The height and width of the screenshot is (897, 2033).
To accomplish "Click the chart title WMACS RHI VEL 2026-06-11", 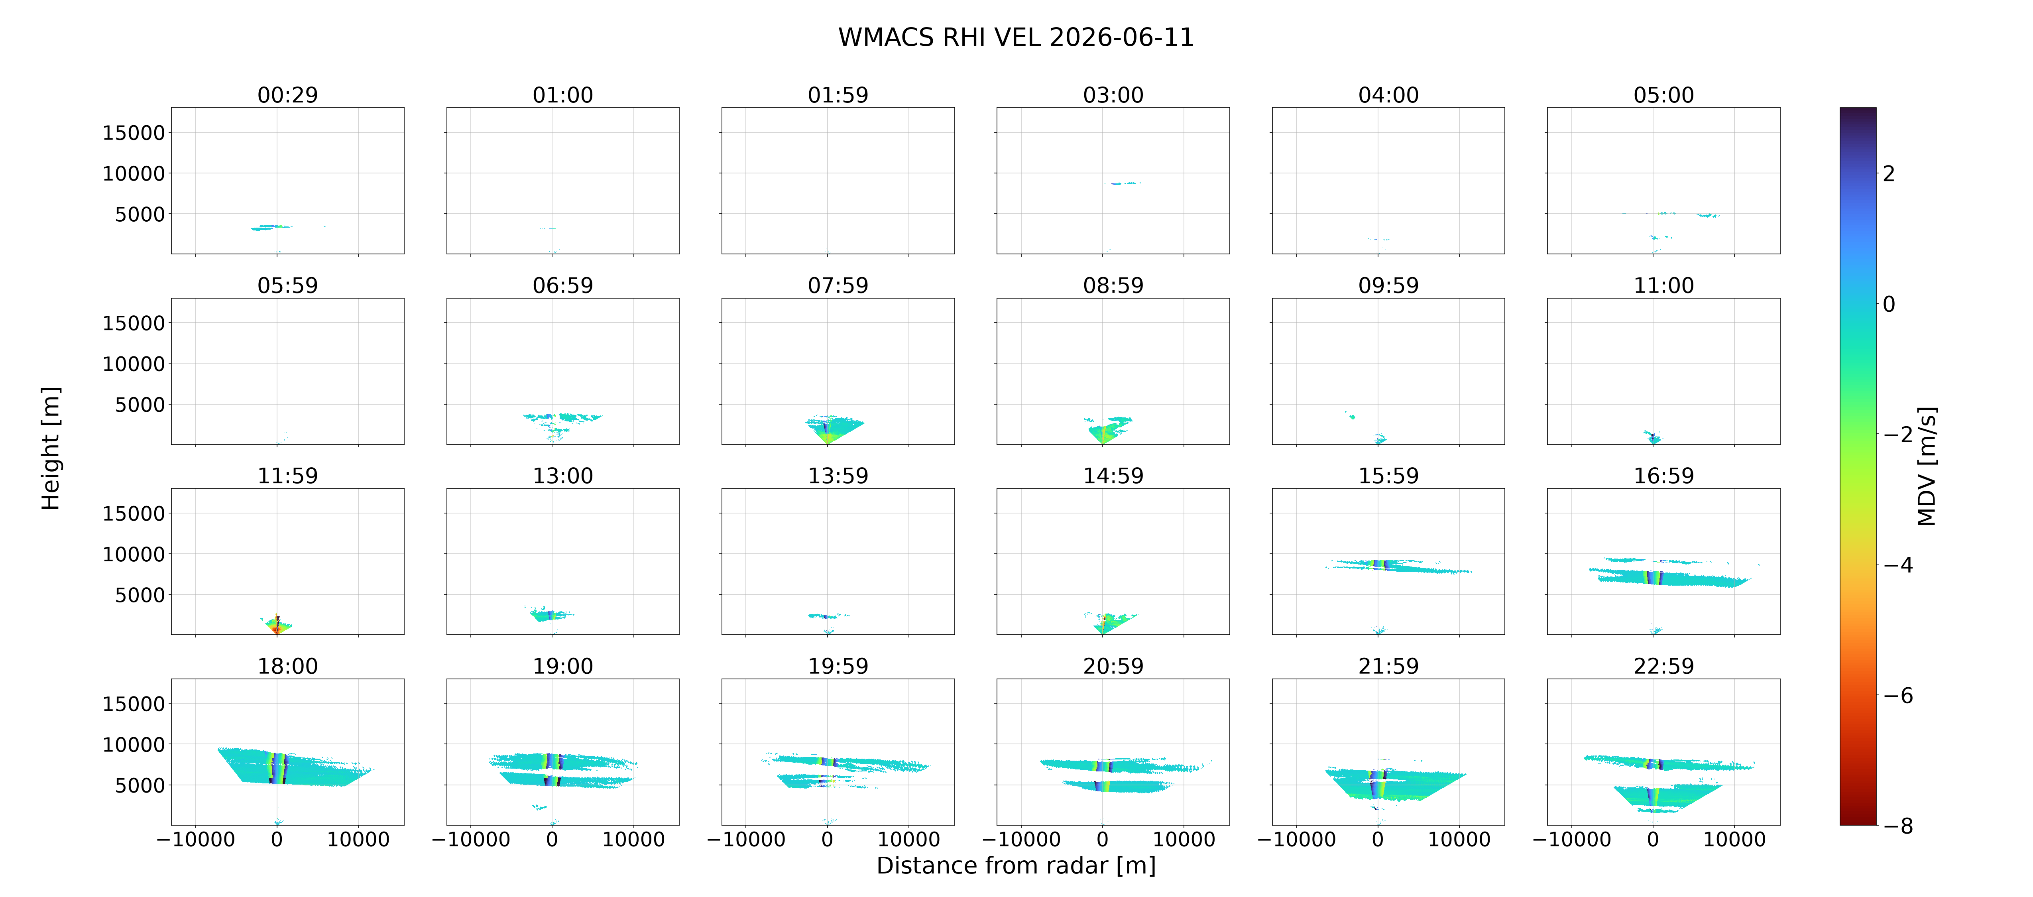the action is [1016, 37].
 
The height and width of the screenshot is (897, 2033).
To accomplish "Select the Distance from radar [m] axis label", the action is [1016, 866].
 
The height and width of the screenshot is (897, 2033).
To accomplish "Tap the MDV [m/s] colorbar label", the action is [1927, 466].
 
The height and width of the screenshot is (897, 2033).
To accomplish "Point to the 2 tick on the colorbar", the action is [1889, 174].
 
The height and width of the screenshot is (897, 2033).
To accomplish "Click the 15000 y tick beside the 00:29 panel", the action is [134, 133].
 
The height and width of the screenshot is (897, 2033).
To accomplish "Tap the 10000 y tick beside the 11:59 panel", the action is [134, 554].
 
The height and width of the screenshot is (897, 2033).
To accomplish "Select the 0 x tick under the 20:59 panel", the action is [1103, 839].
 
